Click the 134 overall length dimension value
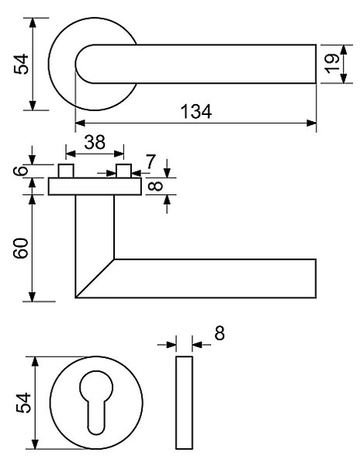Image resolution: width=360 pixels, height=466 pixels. click(196, 111)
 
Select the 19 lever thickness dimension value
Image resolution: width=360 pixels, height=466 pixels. click(332, 64)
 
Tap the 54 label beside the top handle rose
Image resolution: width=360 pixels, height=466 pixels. click(21, 64)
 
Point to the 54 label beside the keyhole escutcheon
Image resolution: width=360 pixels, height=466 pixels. click(23, 402)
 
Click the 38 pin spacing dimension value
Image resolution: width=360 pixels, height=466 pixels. click(95, 142)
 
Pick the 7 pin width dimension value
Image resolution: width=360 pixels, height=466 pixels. click(151, 162)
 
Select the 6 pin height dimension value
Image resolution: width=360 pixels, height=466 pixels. click(21, 171)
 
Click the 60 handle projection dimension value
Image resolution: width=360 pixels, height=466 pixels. click(22, 249)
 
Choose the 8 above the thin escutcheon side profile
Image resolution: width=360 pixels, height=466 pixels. click(220, 333)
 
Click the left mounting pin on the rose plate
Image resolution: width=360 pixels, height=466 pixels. click(66, 171)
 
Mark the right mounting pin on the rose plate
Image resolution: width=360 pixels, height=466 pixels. click(124, 171)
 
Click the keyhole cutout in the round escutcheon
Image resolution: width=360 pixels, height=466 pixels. click(96, 402)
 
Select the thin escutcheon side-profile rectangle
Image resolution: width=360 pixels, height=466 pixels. click(184, 402)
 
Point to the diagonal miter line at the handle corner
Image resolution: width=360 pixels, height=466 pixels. click(95, 278)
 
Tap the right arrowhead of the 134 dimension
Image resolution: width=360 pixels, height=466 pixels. click(311, 123)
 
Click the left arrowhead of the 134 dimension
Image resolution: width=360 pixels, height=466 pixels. click(81, 123)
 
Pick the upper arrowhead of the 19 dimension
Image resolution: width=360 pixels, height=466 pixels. click(344, 50)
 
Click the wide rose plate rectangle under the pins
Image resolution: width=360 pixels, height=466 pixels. click(95, 186)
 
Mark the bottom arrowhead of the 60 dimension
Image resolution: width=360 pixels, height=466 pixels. click(33, 297)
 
